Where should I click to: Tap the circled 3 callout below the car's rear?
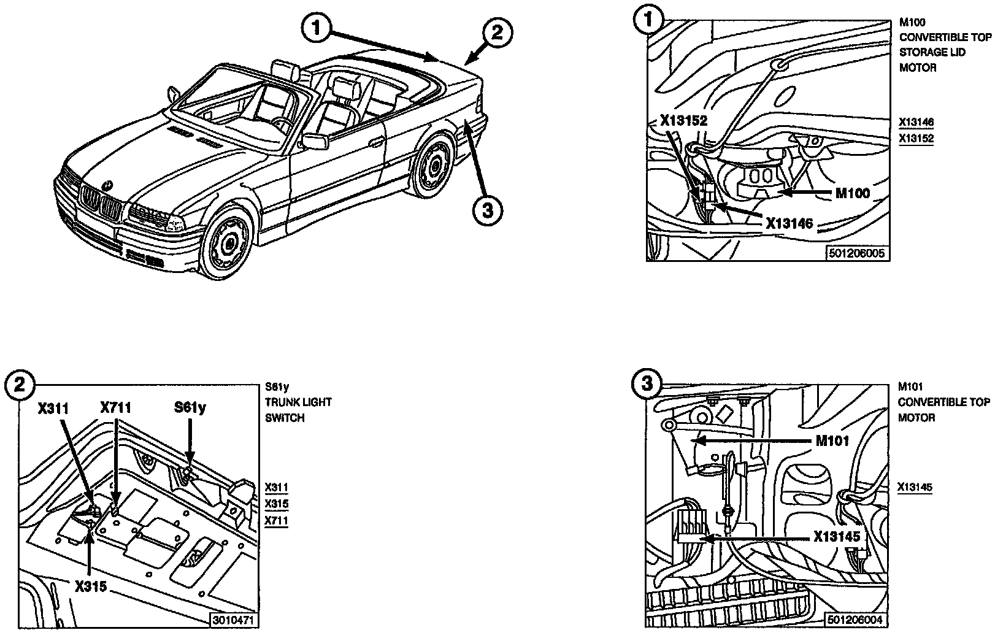(x=488, y=210)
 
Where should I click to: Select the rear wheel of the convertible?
(x=434, y=164)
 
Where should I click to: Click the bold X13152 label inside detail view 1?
(x=683, y=121)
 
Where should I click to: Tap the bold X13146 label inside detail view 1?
(x=789, y=223)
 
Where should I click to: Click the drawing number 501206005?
(x=858, y=253)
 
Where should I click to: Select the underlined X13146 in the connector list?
(x=916, y=122)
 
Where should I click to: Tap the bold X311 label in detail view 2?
(x=53, y=407)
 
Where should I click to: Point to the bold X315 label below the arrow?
(x=91, y=586)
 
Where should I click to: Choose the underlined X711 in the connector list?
(x=276, y=521)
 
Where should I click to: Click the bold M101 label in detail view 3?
(x=832, y=440)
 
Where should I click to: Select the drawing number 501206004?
(x=856, y=620)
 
